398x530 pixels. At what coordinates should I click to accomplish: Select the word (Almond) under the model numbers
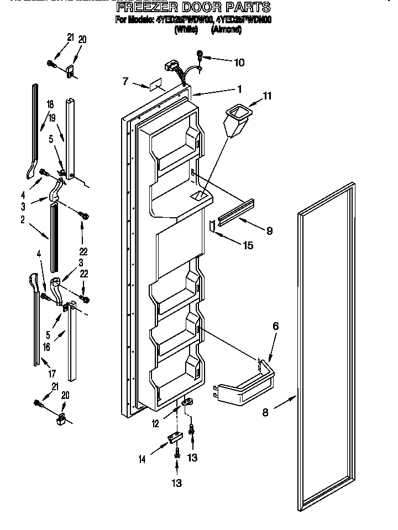coord(226,30)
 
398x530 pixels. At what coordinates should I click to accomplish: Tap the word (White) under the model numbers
coord(186,30)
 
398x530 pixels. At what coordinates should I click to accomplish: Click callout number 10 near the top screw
coord(239,62)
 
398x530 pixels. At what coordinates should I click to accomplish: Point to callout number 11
coord(267,96)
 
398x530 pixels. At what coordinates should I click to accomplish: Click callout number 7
coord(125,82)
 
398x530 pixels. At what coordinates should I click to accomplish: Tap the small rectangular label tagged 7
coord(153,87)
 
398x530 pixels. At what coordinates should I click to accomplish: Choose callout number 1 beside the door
coord(239,88)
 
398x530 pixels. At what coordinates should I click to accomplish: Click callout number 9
coord(269,231)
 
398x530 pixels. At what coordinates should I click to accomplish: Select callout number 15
coord(249,245)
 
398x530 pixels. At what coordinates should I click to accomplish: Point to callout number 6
coord(275,326)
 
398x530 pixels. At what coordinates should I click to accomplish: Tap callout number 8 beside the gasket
coord(266,412)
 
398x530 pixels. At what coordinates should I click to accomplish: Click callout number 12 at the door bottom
coord(155,424)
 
